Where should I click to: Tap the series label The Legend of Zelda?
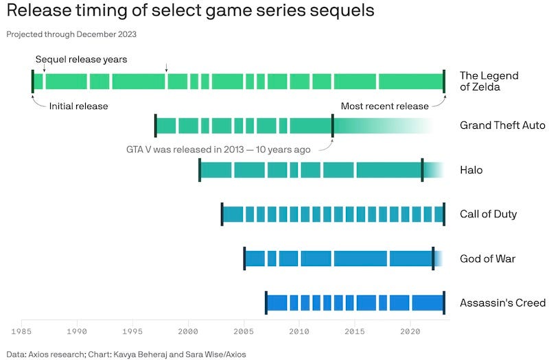[489, 82]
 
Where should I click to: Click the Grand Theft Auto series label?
[502, 125]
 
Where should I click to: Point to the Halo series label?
[471, 170]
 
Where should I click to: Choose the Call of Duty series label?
[488, 214]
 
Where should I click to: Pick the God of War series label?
[487, 259]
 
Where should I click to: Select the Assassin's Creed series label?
[502, 303]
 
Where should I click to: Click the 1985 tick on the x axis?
[22, 331]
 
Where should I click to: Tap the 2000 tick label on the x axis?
[188, 331]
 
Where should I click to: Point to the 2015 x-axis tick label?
[355, 331]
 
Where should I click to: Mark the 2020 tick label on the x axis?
[410, 331]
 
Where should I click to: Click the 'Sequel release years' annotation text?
[81, 60]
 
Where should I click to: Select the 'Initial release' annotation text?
[78, 106]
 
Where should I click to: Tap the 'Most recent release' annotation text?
[384, 106]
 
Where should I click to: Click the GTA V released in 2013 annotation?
[218, 149]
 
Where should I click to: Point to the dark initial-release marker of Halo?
[200, 170]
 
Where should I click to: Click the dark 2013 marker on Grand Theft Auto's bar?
[333, 125]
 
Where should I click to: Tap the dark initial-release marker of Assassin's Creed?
[266, 303]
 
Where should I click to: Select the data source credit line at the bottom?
[126, 354]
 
